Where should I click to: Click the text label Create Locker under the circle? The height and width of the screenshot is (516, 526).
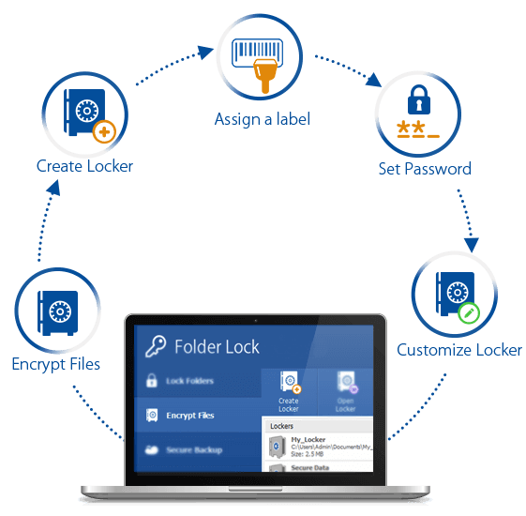(x=84, y=166)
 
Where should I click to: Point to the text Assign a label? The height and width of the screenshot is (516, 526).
(x=262, y=119)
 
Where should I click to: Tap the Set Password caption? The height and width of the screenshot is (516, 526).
(x=424, y=169)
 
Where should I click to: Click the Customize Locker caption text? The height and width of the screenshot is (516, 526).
(x=459, y=350)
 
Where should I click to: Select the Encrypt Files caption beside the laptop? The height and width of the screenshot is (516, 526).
(x=55, y=363)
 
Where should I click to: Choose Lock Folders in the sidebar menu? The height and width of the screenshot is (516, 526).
(x=189, y=381)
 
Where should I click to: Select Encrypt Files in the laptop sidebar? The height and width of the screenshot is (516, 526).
(x=189, y=415)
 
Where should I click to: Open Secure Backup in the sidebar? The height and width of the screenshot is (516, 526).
(x=194, y=449)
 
